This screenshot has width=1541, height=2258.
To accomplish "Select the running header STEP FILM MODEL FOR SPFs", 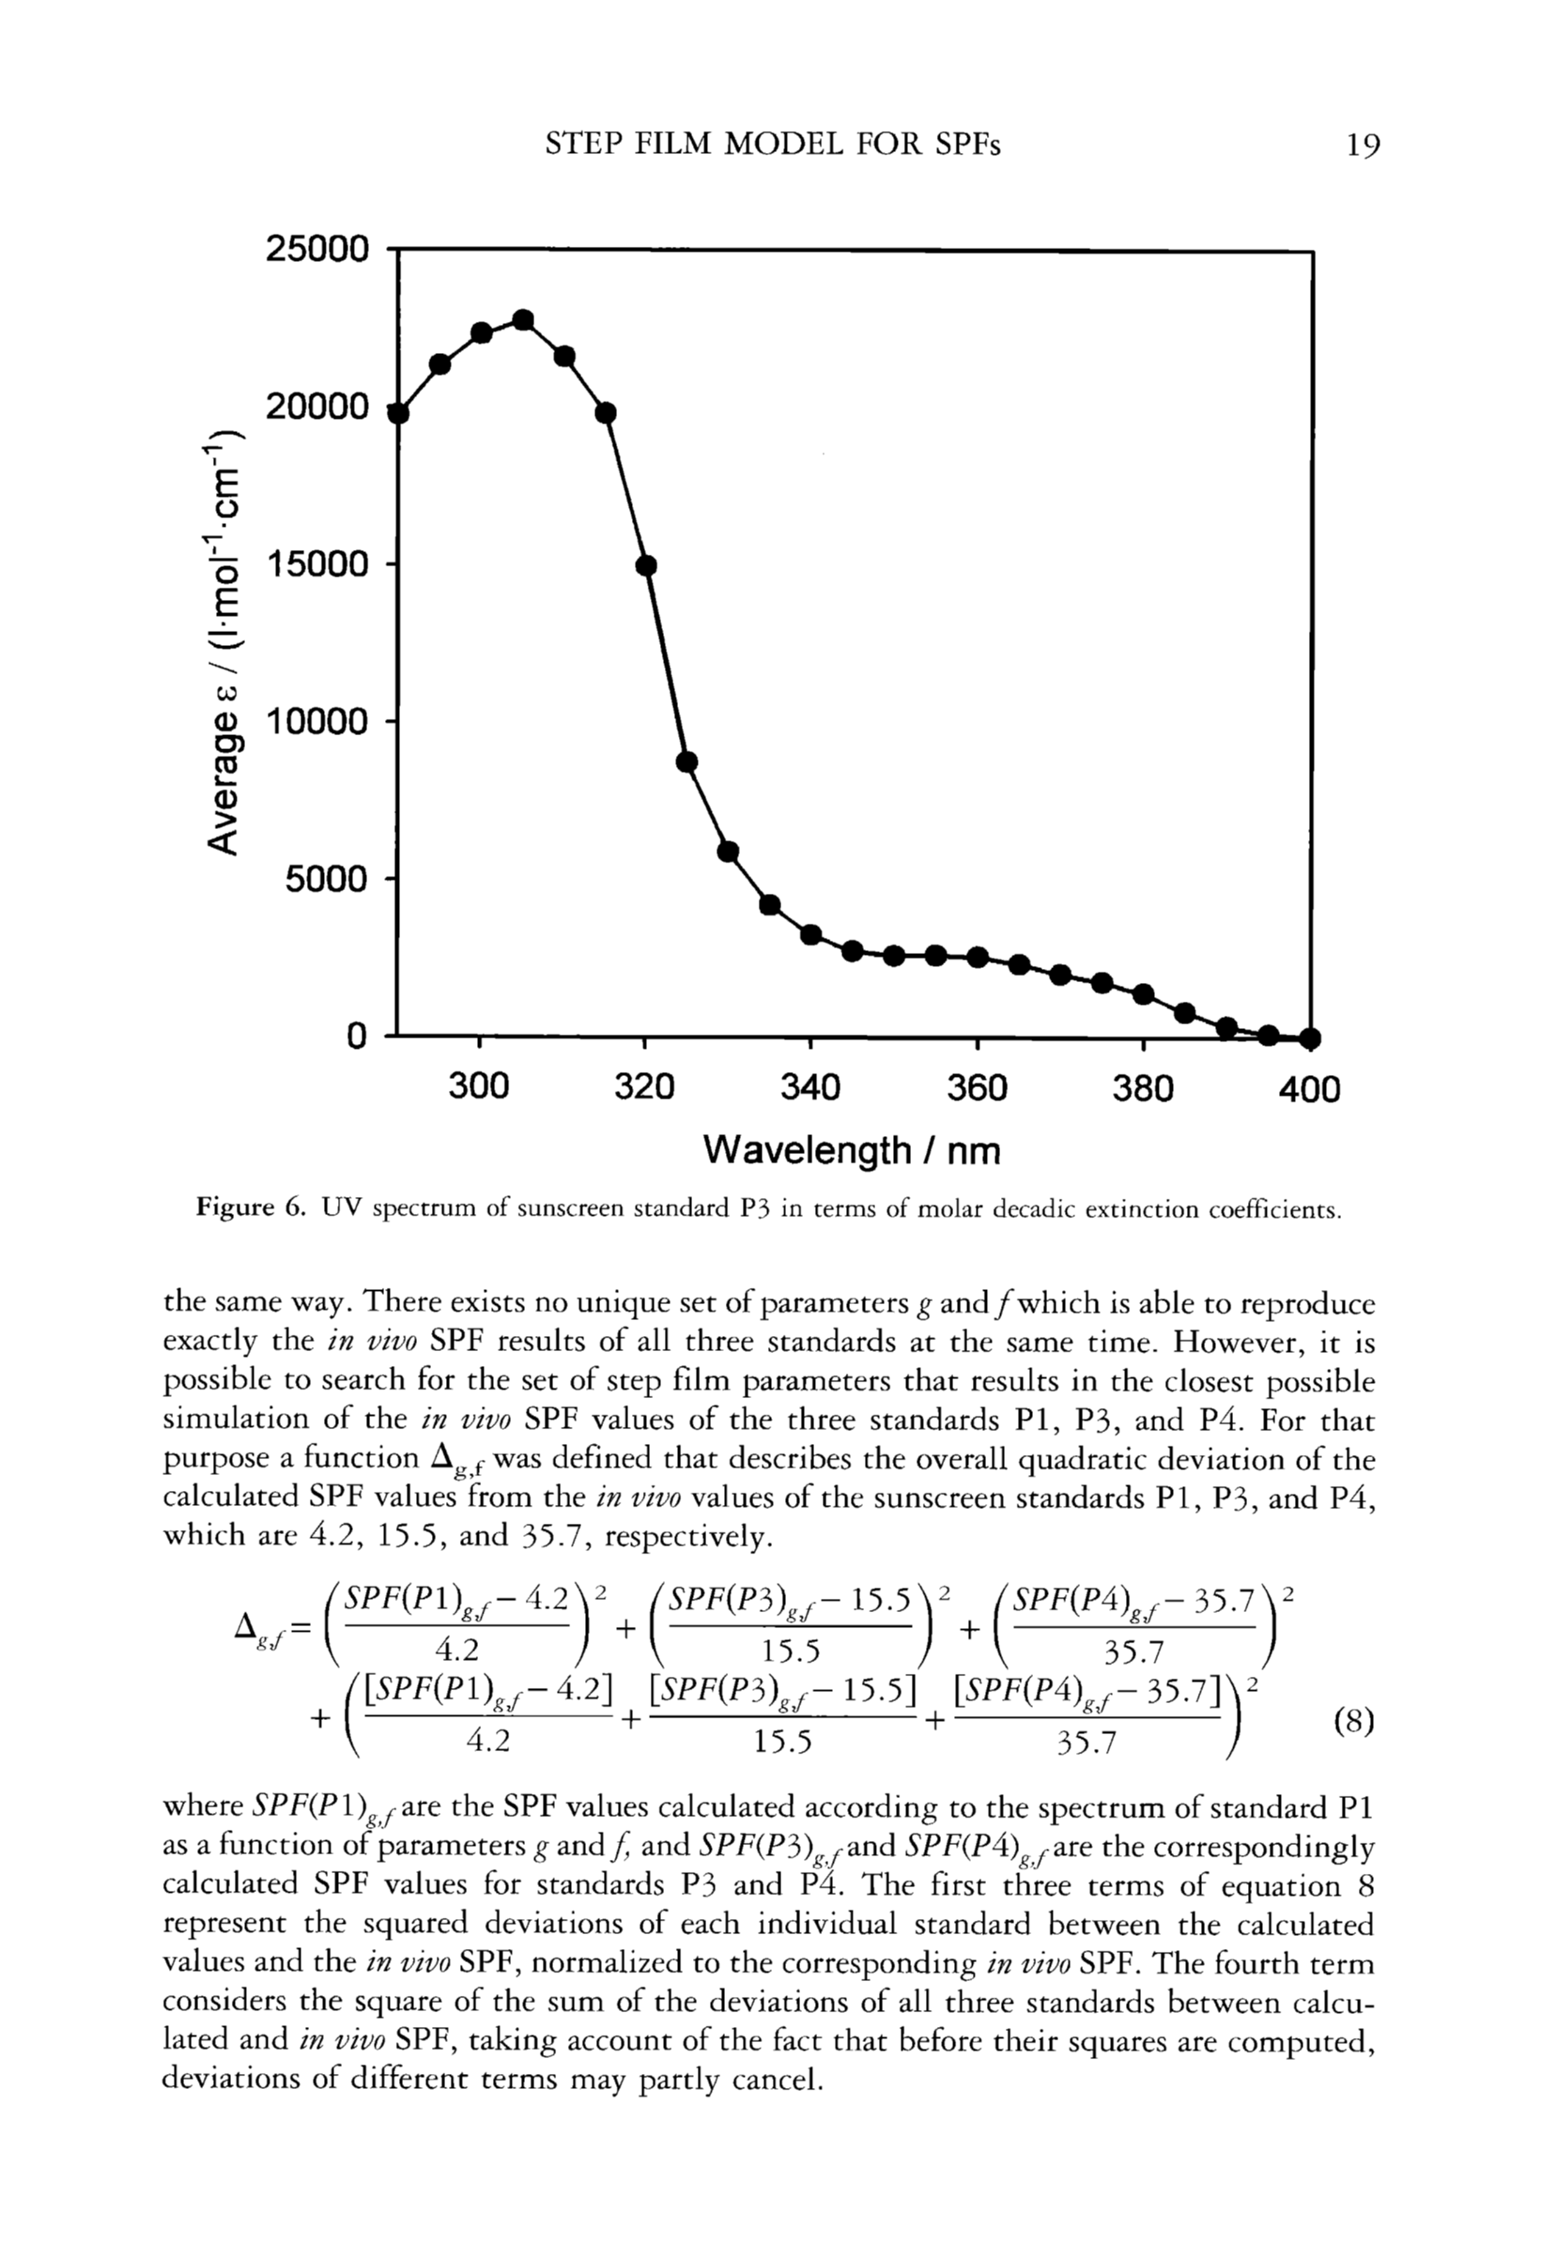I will tap(773, 145).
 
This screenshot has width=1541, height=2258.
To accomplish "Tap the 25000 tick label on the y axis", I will tap(317, 250).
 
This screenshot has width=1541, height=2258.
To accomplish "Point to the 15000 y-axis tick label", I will tap(317, 564).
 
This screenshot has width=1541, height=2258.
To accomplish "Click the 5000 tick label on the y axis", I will tap(327, 881).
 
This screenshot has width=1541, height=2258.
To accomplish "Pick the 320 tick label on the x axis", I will tap(644, 1088).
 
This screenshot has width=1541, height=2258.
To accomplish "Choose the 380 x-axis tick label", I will tap(1143, 1088).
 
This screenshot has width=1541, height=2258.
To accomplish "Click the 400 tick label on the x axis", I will tap(1309, 1089).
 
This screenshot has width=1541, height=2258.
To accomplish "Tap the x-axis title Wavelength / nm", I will tap(851, 1150).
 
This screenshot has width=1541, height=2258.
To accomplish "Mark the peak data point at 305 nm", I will tap(523, 321).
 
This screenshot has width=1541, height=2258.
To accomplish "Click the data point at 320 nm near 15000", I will tap(646, 565).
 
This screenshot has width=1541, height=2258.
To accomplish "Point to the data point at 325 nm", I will tap(687, 761).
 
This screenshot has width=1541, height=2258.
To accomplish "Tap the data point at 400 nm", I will tap(1310, 1037).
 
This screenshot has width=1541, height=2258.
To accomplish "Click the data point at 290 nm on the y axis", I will tap(398, 413).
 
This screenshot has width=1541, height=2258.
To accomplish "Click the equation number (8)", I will tap(1353, 1722).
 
